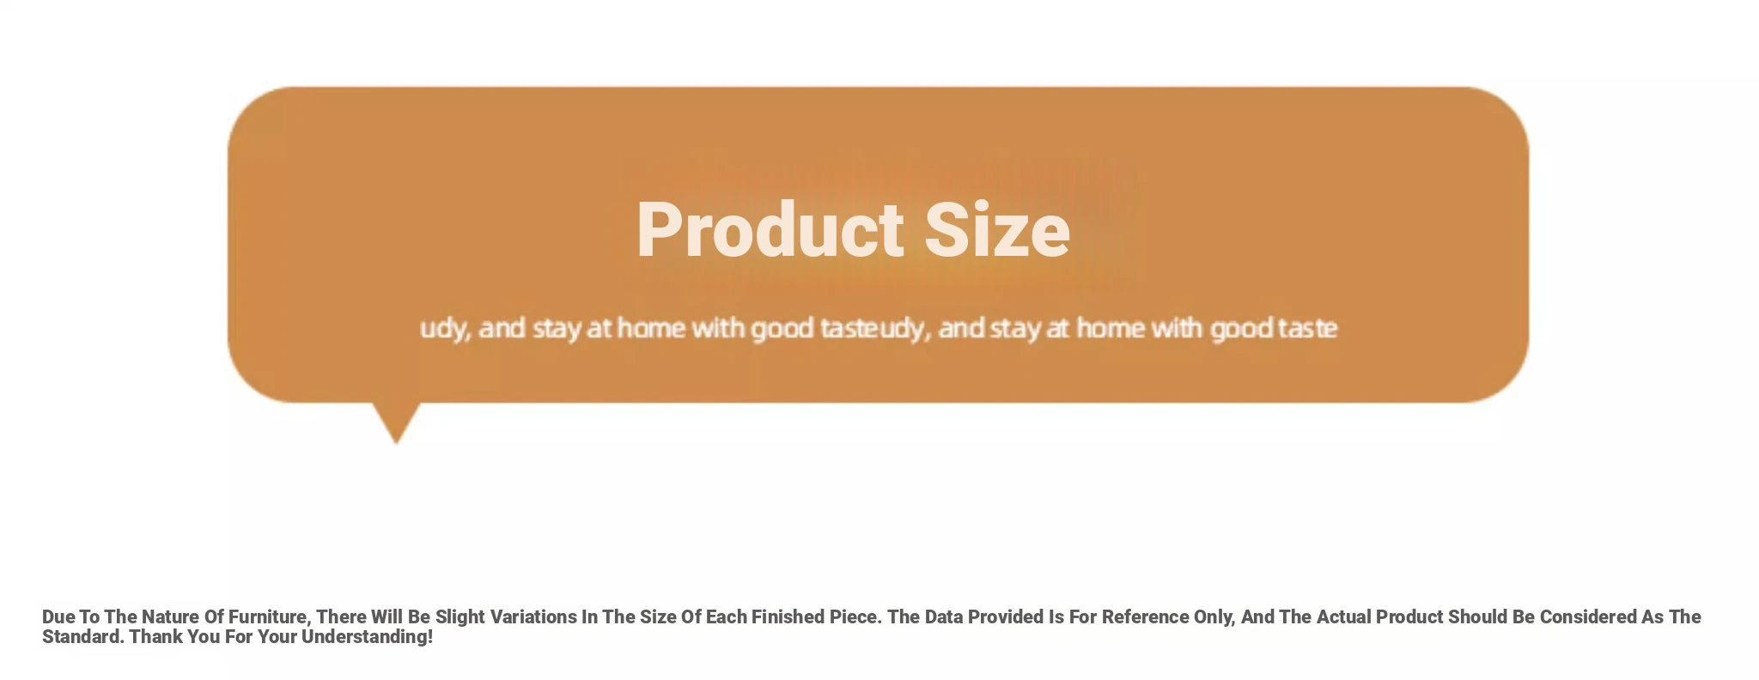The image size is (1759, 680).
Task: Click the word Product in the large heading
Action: (x=770, y=229)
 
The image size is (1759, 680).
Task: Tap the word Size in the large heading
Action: (x=997, y=229)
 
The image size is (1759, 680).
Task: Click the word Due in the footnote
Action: (x=58, y=616)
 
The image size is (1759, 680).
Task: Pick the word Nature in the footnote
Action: (x=170, y=616)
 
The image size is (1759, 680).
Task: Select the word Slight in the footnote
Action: (x=460, y=617)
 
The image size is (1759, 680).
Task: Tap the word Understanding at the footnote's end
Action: (x=367, y=637)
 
